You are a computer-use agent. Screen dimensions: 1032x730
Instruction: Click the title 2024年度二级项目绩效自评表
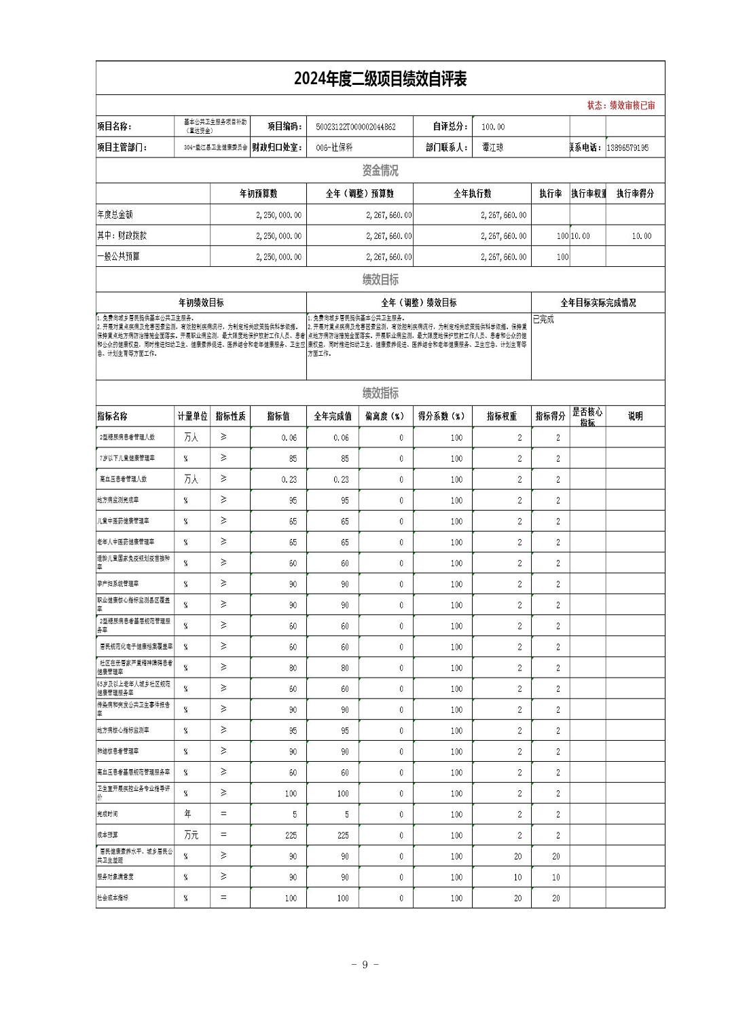coord(380,79)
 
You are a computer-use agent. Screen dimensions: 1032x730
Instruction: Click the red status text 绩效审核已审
coord(632,105)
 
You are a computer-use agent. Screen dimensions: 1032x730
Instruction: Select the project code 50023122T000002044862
coord(355,127)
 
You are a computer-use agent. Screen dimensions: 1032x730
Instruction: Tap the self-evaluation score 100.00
coord(493,127)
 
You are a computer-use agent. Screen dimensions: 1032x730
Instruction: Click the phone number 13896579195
coord(627,147)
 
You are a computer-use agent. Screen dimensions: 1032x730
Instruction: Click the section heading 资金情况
coord(380,170)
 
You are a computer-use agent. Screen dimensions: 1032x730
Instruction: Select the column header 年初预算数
coord(258,193)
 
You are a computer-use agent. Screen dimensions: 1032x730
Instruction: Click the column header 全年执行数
coord(472,193)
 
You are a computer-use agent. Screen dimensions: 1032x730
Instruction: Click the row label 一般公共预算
coord(119,257)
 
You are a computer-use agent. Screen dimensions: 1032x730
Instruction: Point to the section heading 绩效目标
coord(380,280)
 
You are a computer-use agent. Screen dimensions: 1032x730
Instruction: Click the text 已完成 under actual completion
coord(543,320)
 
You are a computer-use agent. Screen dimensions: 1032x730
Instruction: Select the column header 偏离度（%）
coord(384,416)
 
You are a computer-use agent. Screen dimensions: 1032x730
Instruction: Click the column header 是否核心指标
coord(587,417)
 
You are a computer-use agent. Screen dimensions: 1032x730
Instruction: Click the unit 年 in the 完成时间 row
coord(187,814)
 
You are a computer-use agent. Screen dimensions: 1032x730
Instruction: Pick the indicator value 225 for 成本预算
coord(291,835)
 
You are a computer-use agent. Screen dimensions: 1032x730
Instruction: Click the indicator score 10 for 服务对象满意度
coord(555,877)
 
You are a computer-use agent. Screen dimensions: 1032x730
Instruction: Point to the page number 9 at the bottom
coord(365,965)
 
